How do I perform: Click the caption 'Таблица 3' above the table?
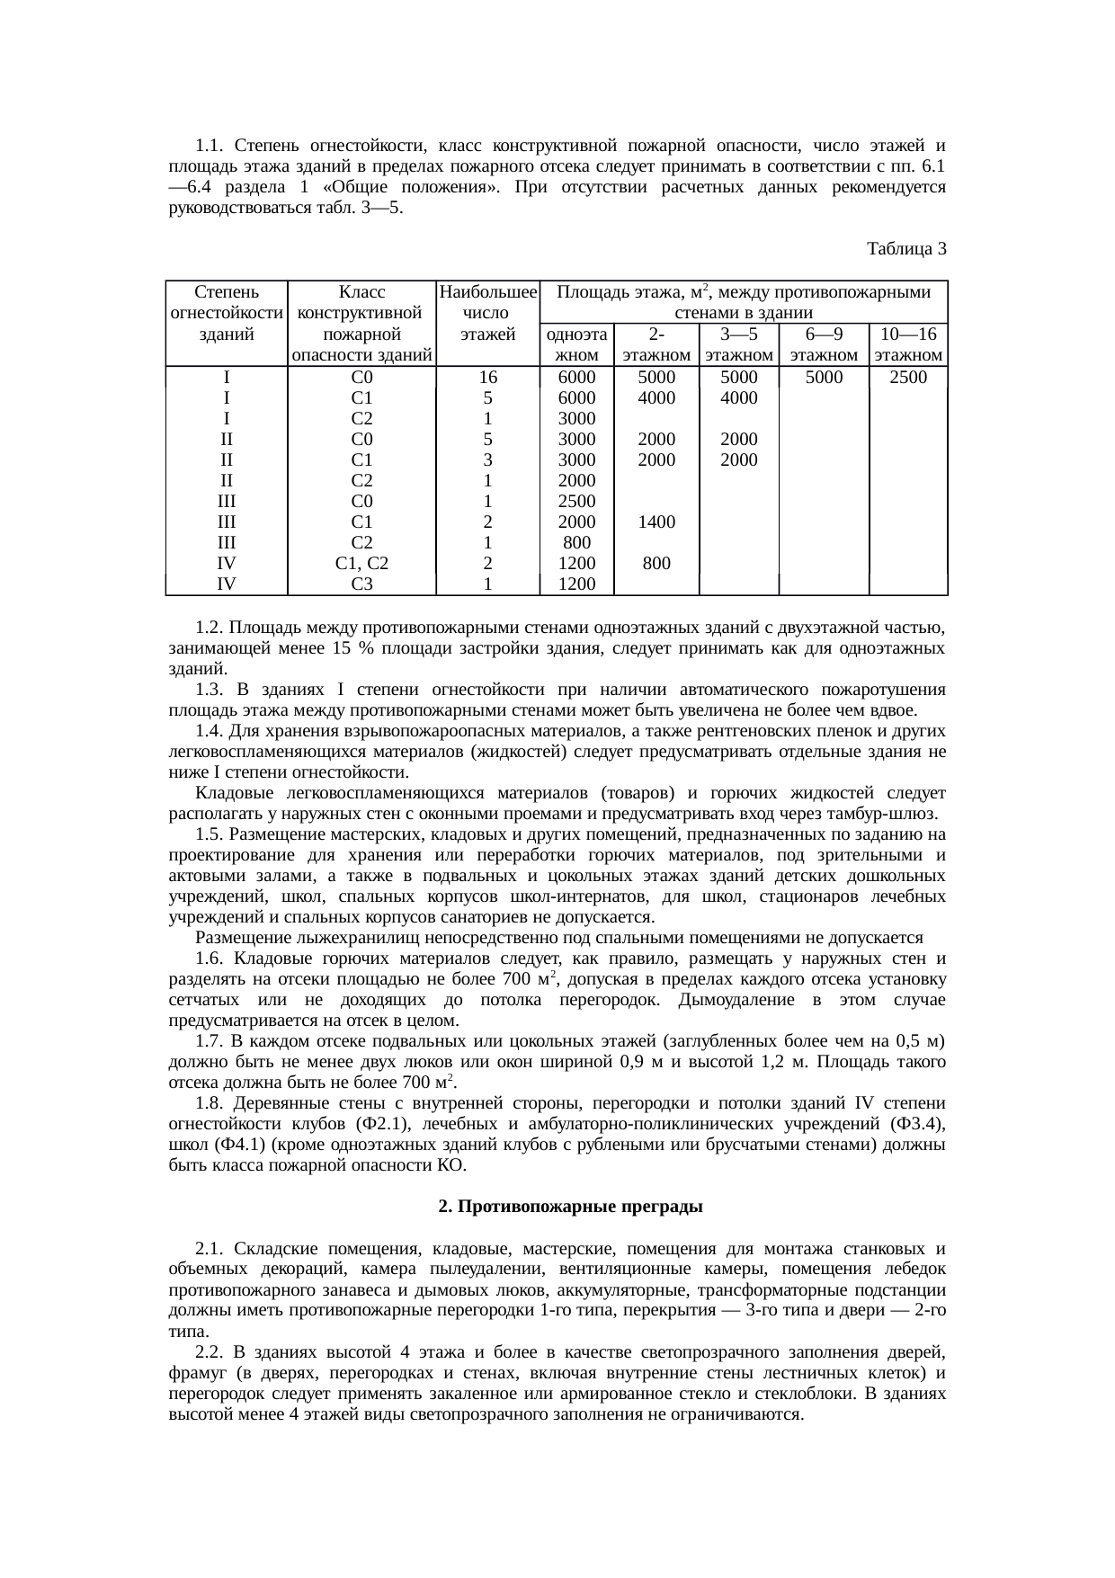click(906, 248)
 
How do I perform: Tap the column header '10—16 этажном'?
click(908, 344)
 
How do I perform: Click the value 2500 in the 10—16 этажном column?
click(908, 378)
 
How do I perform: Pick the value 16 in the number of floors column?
click(486, 378)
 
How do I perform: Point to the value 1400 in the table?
click(656, 522)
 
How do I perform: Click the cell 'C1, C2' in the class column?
click(361, 564)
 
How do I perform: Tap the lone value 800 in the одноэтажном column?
click(576, 543)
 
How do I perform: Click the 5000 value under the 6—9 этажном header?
click(824, 378)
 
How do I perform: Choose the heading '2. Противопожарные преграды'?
click(570, 1207)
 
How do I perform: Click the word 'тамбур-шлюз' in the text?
click(889, 814)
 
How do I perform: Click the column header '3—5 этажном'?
click(739, 344)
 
